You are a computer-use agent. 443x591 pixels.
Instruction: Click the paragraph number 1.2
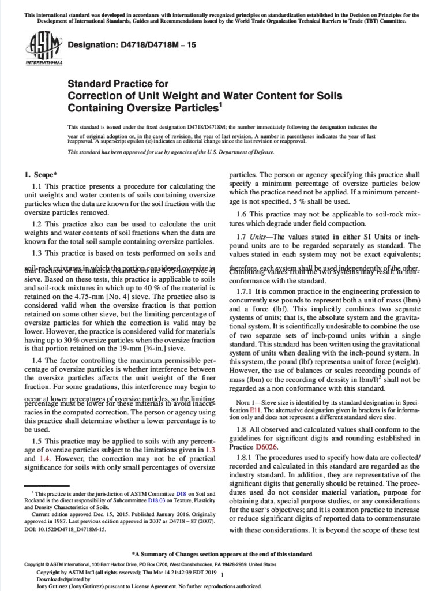[x=38, y=208]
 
